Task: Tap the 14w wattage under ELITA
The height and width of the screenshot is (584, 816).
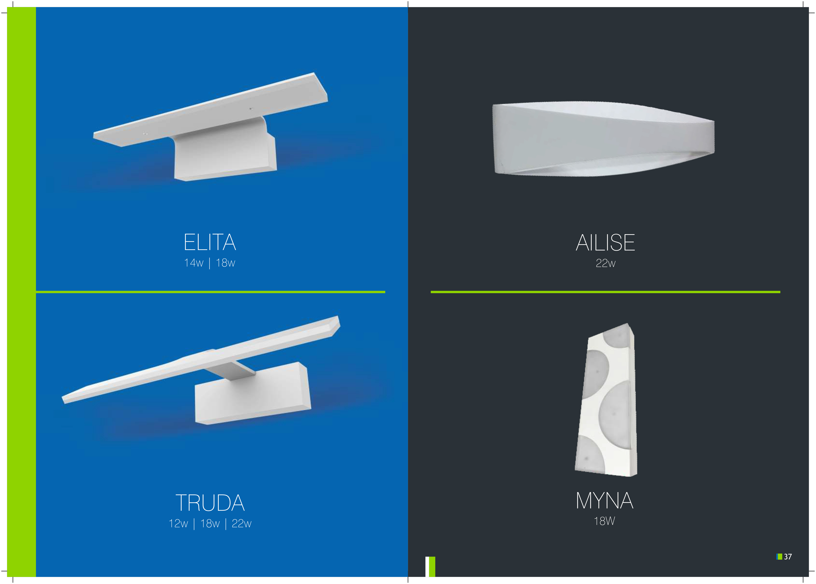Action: click(194, 263)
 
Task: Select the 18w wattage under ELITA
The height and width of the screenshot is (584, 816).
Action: click(226, 263)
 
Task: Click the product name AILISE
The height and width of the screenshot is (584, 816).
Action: click(605, 243)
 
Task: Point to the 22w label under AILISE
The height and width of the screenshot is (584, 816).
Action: click(605, 263)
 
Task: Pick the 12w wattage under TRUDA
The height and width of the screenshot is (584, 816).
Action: click(178, 524)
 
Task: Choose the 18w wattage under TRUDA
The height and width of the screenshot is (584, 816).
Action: click(210, 524)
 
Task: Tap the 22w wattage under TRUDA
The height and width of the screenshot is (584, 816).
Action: click(242, 524)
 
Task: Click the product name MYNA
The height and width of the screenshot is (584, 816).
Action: click(605, 501)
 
